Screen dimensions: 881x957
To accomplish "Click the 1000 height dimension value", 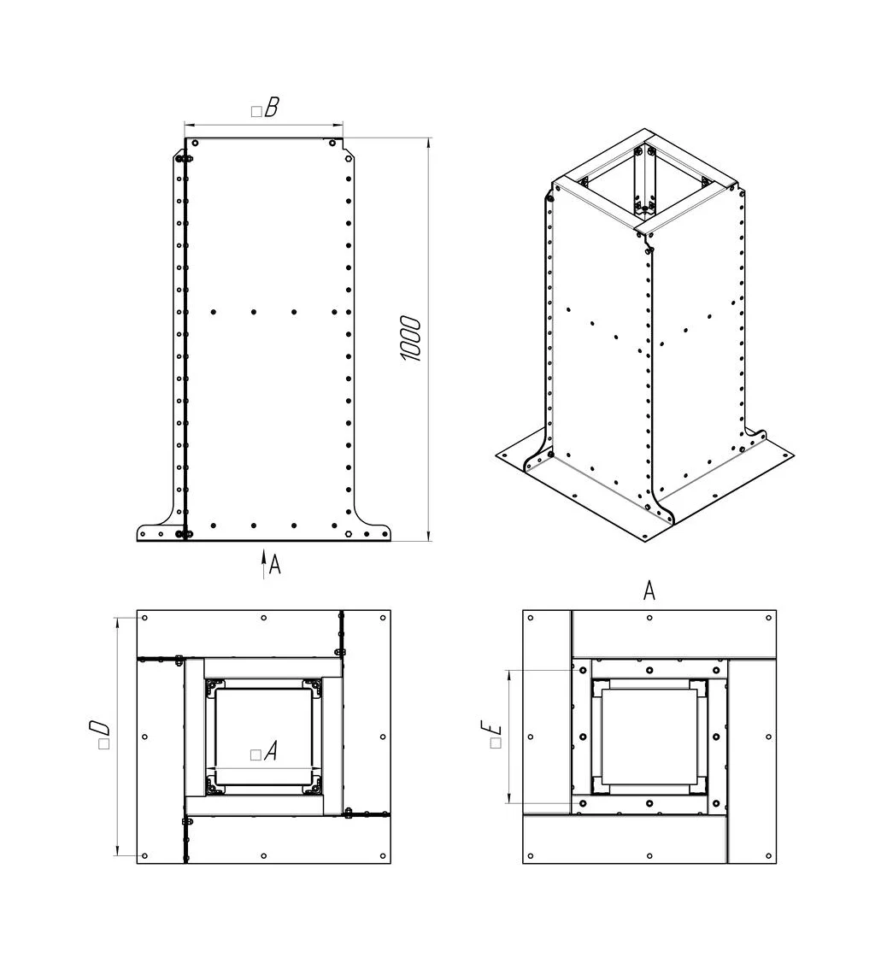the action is click(411, 338).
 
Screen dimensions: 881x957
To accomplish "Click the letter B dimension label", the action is click(272, 108).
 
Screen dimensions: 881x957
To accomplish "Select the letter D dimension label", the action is click(99, 727).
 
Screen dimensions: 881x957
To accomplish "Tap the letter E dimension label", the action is click(491, 727).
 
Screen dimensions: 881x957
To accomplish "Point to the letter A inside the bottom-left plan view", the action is click(271, 750).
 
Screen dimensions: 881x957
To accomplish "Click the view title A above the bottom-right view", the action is click(649, 590).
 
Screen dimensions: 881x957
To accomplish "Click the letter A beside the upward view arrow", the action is click(275, 565).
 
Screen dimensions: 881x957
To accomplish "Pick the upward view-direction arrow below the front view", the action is click(264, 563).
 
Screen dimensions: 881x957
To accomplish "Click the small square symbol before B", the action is click(256, 111).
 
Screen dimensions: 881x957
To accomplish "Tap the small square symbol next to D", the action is click(103, 744).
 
